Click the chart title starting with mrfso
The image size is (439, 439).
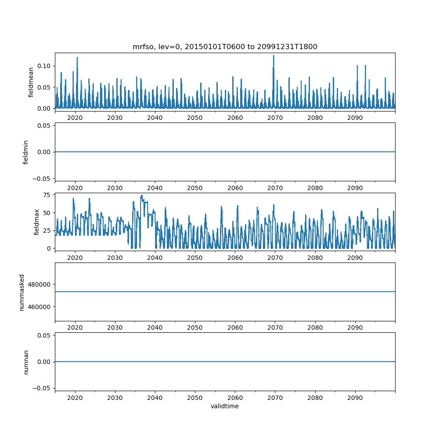[225, 47]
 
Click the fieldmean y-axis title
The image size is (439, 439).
[31, 82]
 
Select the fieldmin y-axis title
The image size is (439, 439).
[25, 152]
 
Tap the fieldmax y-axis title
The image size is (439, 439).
[37, 222]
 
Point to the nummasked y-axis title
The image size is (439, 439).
[22, 291]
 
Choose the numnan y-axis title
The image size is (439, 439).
[25, 362]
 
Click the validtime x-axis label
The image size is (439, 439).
[225, 406]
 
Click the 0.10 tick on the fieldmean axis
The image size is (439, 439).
[44, 66]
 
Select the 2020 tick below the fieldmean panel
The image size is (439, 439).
[75, 118]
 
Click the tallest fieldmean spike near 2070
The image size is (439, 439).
[273, 56]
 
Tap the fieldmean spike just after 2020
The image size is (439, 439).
[77, 58]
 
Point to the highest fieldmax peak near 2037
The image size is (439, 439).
[142, 196]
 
